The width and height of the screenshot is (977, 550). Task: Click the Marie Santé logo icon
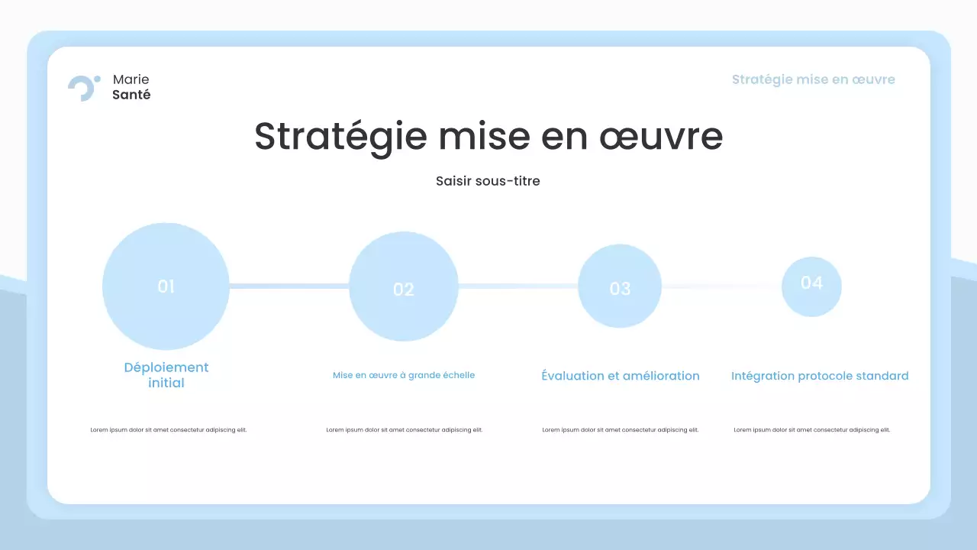83,88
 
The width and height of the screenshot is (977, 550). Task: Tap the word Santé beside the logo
131,95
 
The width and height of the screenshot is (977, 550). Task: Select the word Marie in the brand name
131,79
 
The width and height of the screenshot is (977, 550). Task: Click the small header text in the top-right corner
813,79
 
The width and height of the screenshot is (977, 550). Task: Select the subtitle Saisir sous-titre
488,181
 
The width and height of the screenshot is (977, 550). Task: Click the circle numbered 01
166,286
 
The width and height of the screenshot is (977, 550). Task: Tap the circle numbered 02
403,286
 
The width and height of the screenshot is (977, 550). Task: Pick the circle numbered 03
619,286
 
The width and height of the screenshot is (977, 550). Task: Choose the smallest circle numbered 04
811,286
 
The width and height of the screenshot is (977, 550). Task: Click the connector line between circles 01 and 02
289,286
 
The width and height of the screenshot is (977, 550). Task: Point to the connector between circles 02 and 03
518,286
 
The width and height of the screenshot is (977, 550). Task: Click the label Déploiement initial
166,375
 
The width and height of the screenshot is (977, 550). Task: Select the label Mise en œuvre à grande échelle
403,375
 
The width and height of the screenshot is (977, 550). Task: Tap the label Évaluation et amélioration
620,376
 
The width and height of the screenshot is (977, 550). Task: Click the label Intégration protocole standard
820,376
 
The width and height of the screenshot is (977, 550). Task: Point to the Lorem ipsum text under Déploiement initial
169,430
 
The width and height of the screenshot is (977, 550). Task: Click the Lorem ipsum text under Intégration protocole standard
812,430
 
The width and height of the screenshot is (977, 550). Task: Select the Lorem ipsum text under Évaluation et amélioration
621,430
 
